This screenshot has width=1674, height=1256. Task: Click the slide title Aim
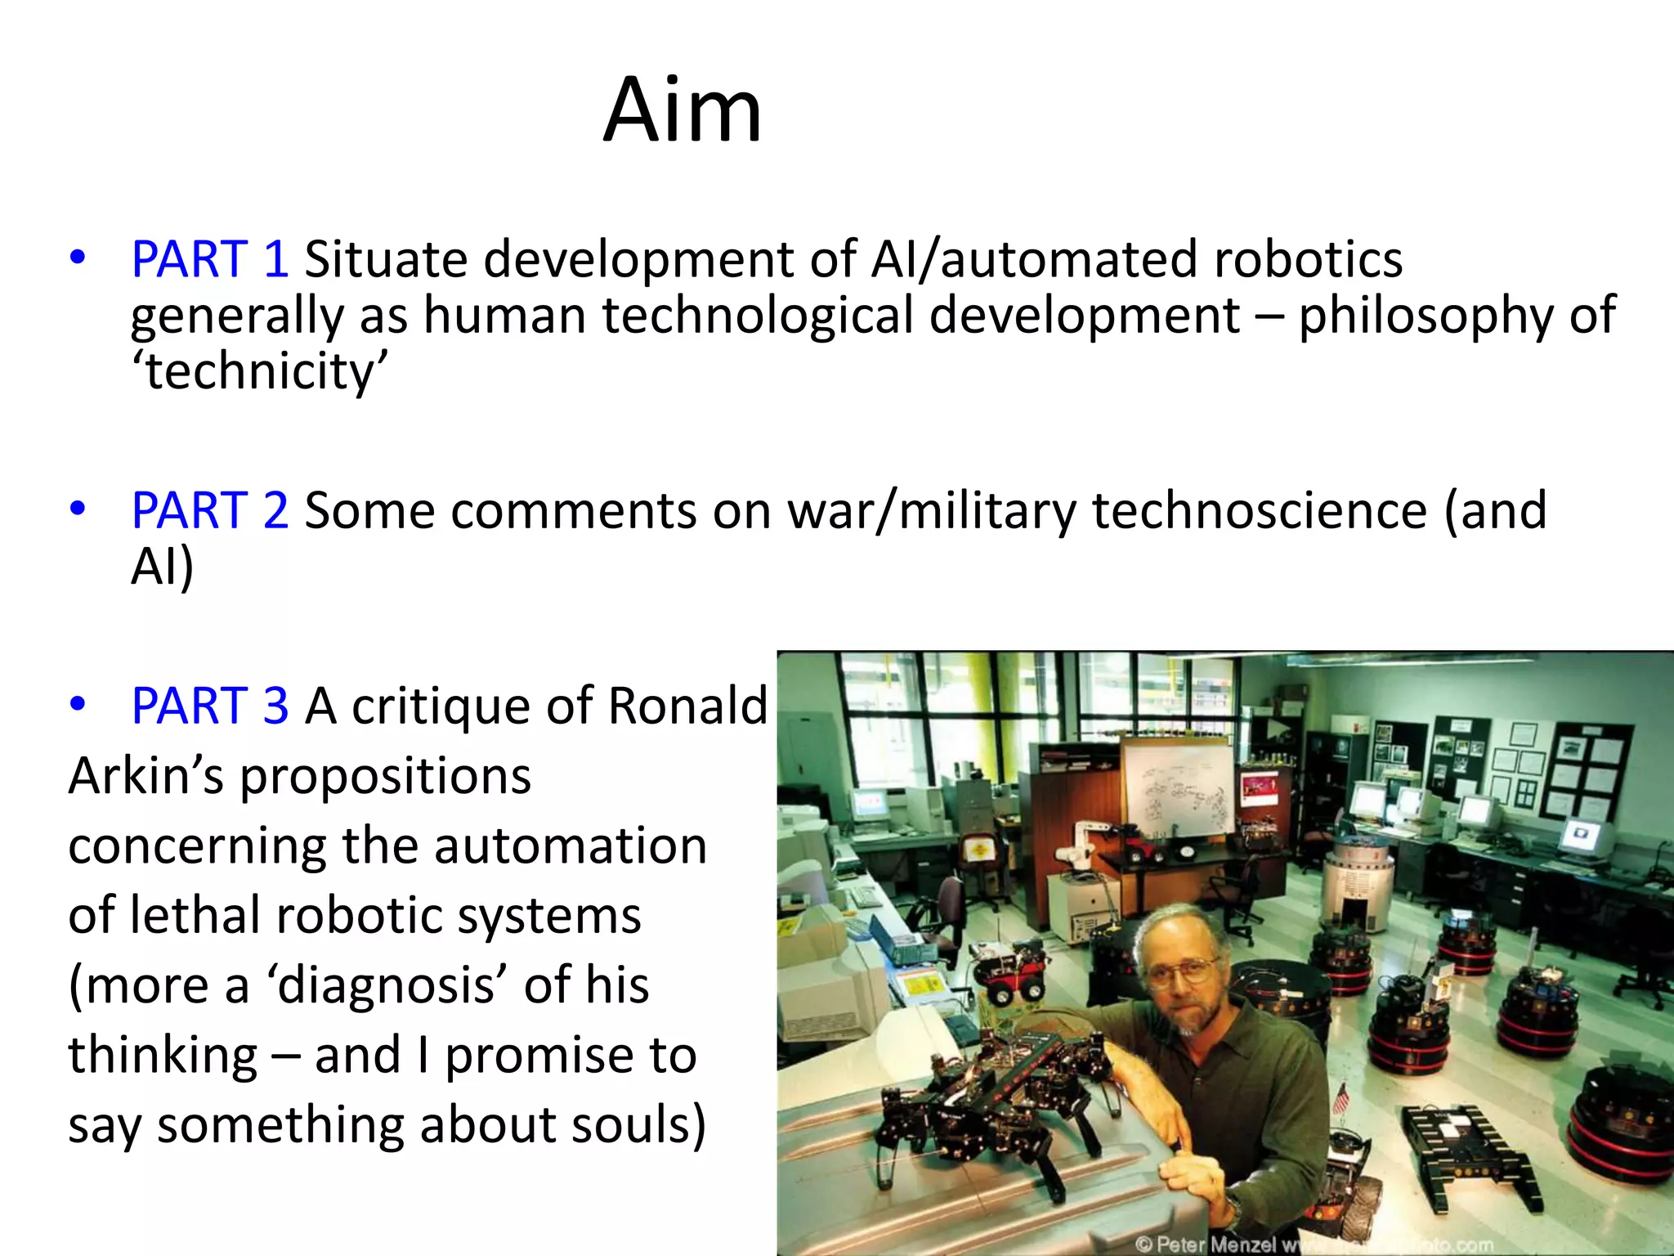(683, 110)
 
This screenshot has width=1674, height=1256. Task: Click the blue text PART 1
(210, 259)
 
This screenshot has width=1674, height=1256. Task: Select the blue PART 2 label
(210, 510)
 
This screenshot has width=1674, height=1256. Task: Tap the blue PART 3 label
(210, 705)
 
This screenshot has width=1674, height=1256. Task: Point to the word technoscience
(1259, 510)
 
